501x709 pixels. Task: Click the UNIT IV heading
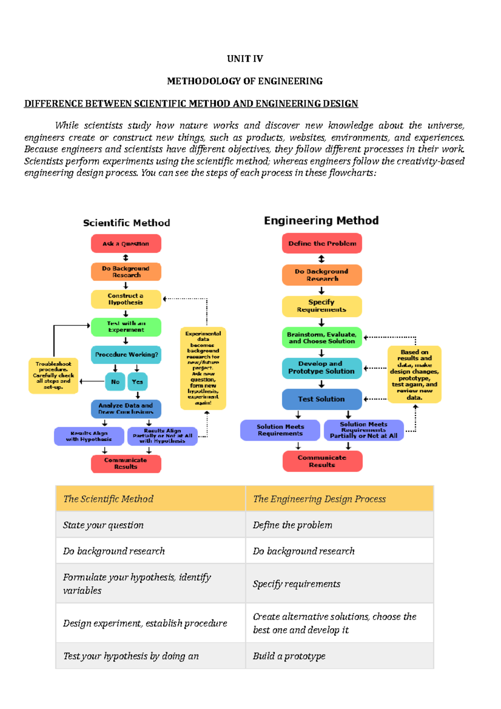[x=245, y=58]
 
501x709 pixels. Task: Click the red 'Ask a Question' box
[x=126, y=243]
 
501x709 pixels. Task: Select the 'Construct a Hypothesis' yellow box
[x=126, y=299]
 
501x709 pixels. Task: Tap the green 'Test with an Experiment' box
[x=126, y=327]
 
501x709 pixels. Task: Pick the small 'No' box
[x=115, y=382]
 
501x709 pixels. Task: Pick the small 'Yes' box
[x=137, y=382]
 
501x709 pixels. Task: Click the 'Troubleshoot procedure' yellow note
[x=53, y=375]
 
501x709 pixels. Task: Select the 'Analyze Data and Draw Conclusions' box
[x=126, y=409]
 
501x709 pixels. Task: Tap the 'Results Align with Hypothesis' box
[x=89, y=436]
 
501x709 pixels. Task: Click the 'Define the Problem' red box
[x=322, y=243]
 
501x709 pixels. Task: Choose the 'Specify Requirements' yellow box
[x=321, y=306]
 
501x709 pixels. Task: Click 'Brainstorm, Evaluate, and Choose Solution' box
[x=321, y=338]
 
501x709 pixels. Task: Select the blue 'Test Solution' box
[x=321, y=399]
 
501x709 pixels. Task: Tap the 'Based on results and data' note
[x=414, y=374]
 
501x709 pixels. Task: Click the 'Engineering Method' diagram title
[x=321, y=220]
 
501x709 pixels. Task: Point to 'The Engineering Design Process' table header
[x=319, y=499]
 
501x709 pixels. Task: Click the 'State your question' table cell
[x=104, y=525]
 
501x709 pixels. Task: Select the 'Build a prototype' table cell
[x=289, y=656]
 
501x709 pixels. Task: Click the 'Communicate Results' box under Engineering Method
[x=322, y=461]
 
